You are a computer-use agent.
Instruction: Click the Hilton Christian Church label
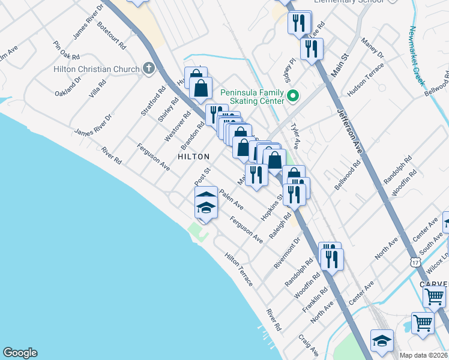[x=96, y=69]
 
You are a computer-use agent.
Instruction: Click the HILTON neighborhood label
[x=193, y=157]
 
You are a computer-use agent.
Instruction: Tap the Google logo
[x=20, y=353]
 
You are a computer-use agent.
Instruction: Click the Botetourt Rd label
[x=112, y=36]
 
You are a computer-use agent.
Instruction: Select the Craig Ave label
[x=309, y=344]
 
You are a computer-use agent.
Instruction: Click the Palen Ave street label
[x=231, y=199]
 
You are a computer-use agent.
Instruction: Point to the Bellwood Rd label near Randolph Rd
[x=348, y=175]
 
